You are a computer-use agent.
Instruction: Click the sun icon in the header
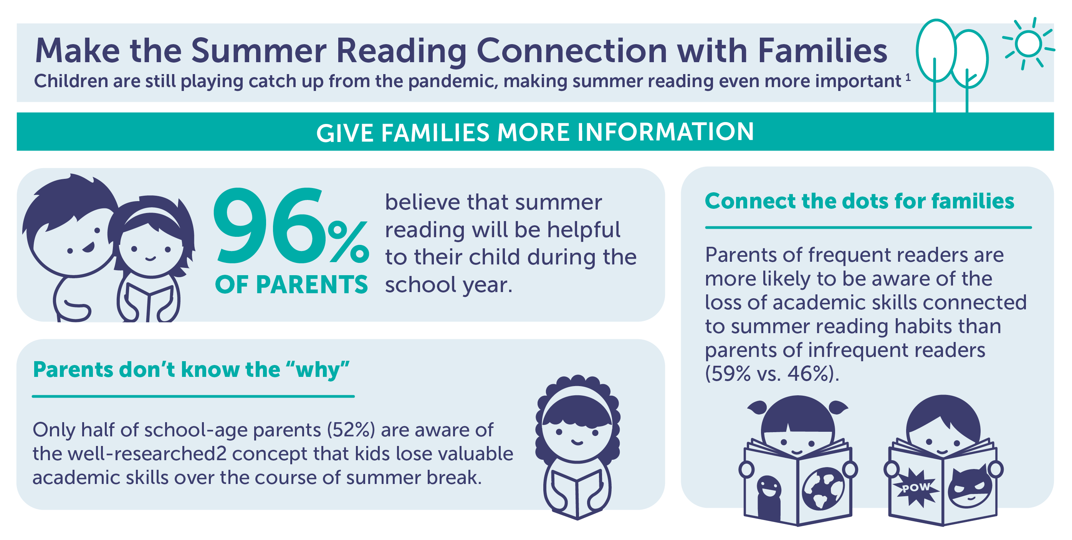click(1028, 44)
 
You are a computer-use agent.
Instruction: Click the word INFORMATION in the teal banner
click(665, 132)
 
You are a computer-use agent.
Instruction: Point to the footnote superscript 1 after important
click(908, 78)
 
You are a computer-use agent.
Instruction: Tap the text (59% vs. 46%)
click(772, 373)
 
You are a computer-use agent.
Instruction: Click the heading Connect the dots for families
click(859, 201)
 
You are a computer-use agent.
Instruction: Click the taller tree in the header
click(936, 63)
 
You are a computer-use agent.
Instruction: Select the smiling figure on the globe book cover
click(769, 497)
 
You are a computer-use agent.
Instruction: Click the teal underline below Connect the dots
click(868, 228)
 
